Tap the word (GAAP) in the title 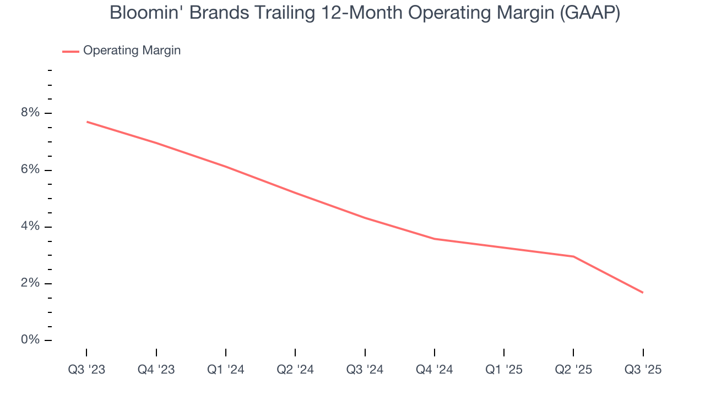590,13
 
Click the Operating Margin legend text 132,51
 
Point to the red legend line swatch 70,51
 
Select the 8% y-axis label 31,113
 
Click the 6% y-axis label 31,169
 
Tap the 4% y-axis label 31,226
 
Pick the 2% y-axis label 31,283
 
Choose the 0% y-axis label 31,340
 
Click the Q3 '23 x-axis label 86,370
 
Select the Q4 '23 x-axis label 156,370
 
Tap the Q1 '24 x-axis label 226,370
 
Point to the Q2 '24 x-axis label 295,370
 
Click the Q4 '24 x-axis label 435,370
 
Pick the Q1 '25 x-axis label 504,370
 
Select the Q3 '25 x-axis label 643,370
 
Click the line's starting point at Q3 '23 87,122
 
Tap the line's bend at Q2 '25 573,256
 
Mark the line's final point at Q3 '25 643,293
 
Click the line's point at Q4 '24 435,239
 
